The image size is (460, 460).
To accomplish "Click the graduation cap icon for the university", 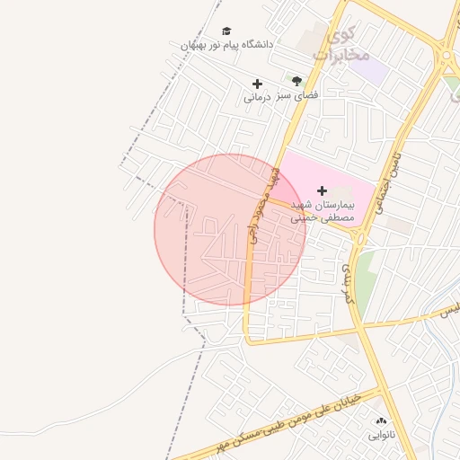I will coord(226,31).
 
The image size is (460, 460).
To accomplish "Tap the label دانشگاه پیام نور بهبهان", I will coord(226,44).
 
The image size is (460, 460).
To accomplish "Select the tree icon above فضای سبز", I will coord(296,81).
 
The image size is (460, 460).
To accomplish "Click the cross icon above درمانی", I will coord(257,84).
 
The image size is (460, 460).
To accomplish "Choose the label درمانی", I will coord(257,97).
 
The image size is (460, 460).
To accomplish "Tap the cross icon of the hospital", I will coord(323,190).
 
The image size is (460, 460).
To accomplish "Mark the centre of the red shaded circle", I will coord(230,230).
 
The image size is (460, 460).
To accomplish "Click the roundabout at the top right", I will coord(447,56).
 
